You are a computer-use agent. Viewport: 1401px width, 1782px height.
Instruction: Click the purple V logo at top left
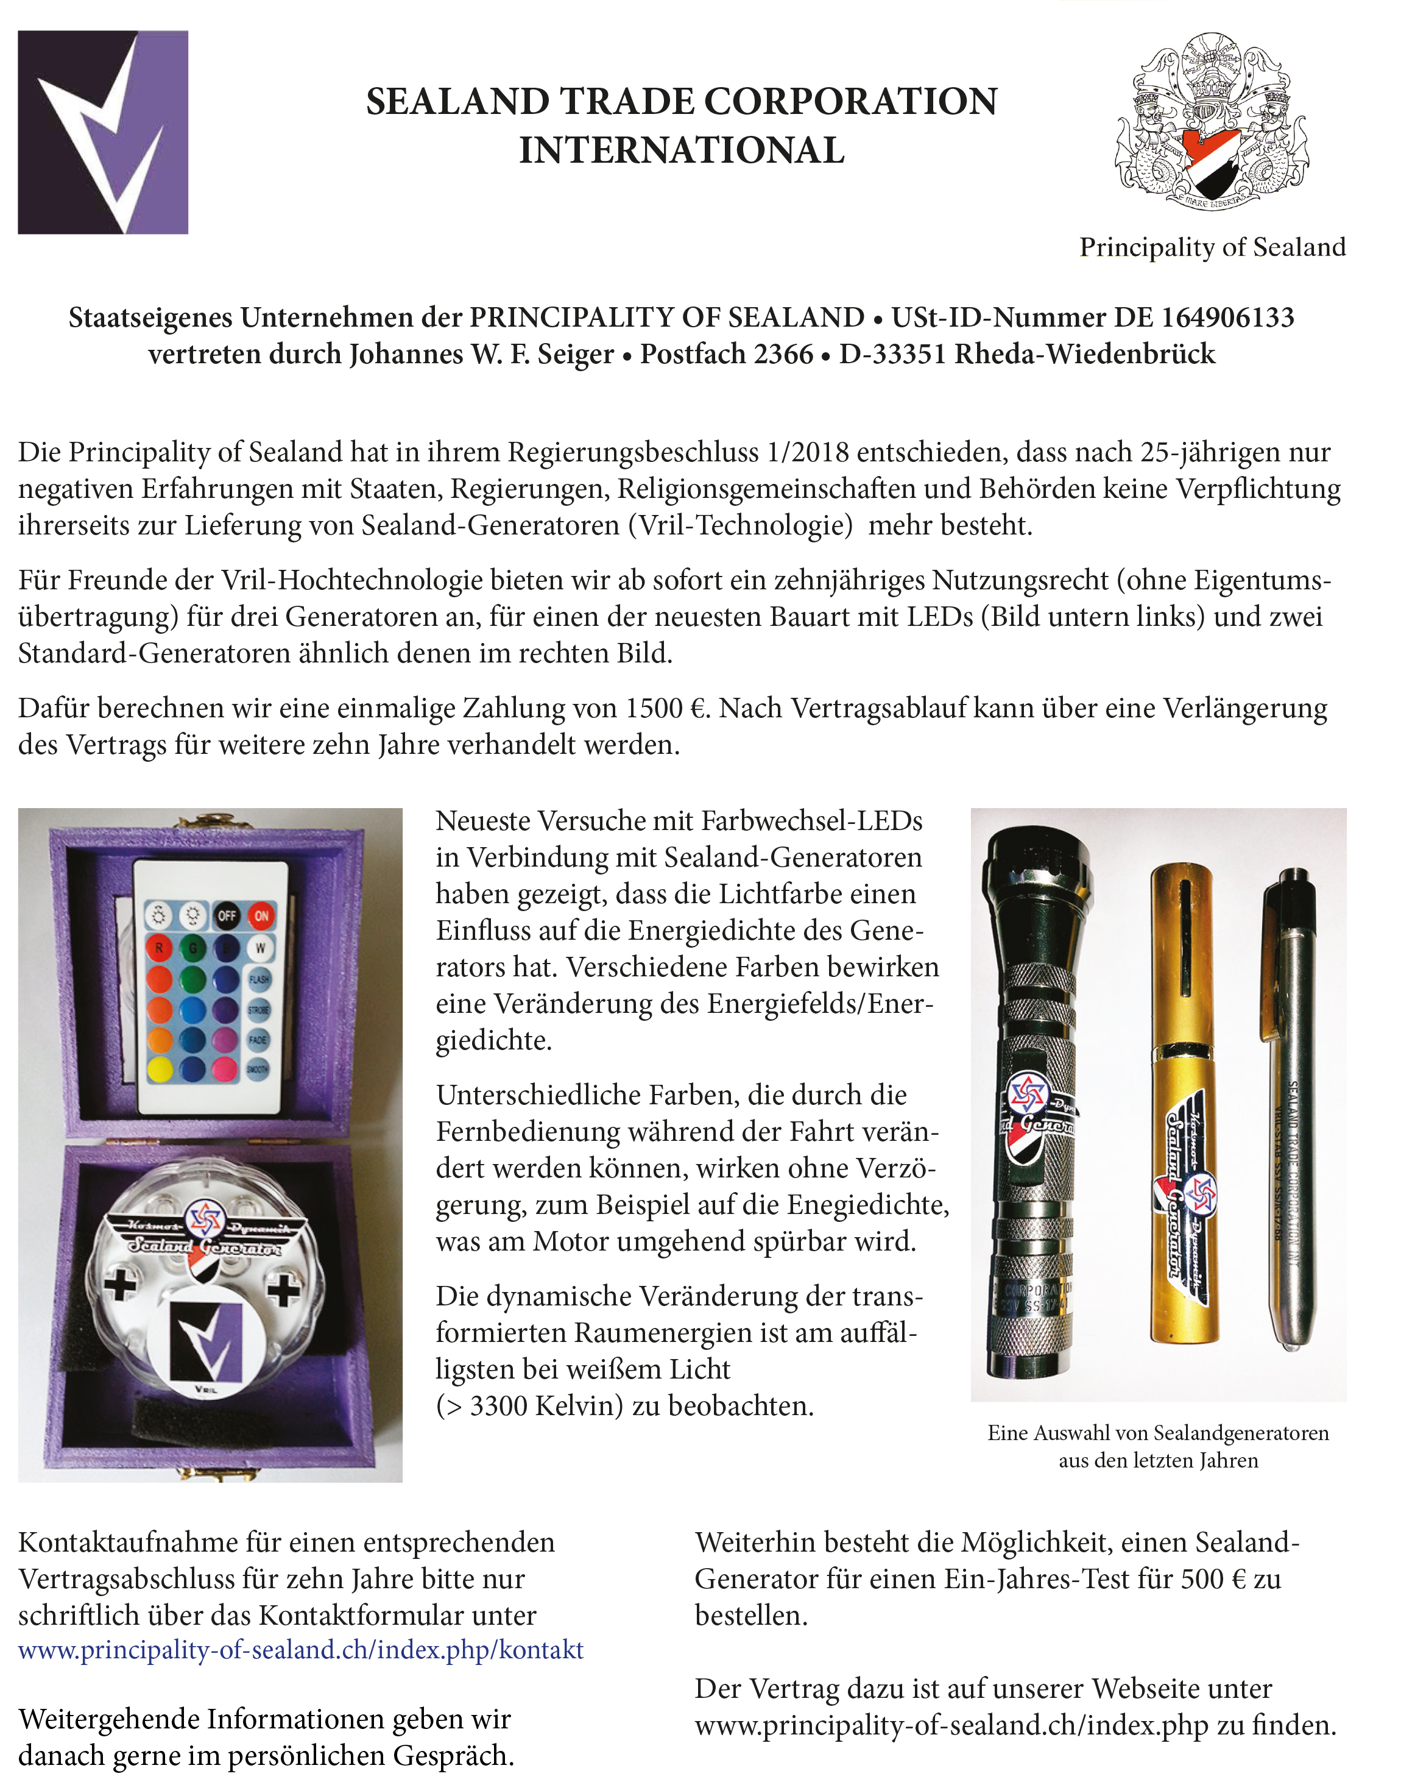104,132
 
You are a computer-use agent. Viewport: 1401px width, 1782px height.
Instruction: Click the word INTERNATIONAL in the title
682,150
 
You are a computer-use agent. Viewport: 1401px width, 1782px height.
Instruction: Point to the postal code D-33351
892,353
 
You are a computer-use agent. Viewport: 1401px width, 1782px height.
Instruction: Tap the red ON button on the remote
261,915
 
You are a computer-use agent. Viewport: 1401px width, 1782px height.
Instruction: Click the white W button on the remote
260,948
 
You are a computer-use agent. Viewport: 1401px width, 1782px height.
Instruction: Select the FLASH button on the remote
259,979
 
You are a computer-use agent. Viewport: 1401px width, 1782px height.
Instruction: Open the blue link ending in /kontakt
301,1650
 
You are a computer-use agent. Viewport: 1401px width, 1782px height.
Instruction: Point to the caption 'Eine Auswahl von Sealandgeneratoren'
1157,1433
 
